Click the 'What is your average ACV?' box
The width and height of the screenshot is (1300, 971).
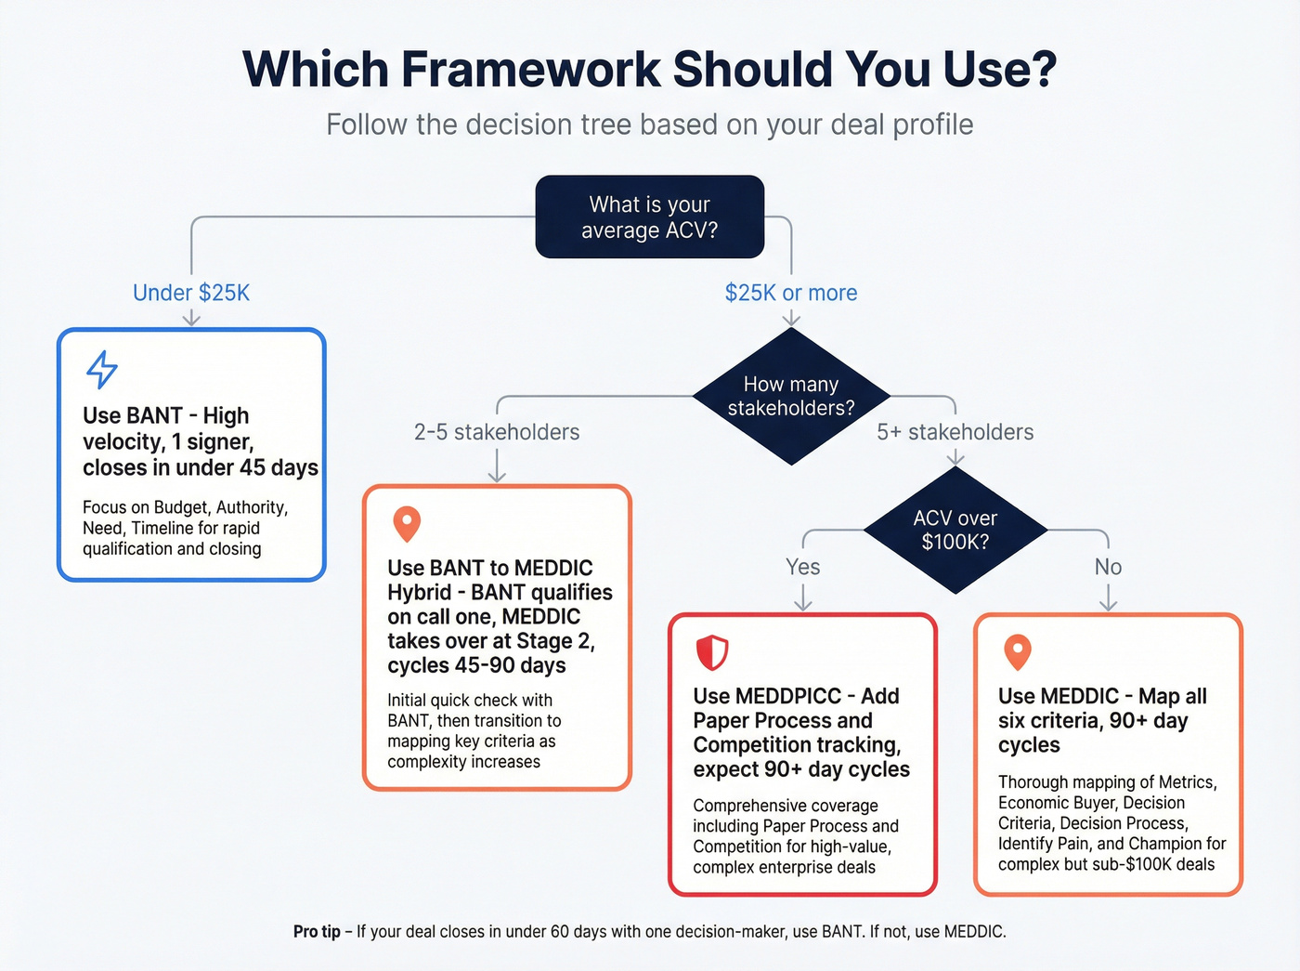click(649, 217)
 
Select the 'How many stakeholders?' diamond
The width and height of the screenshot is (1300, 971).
click(790, 397)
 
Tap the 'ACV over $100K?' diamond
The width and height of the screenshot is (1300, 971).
click(955, 530)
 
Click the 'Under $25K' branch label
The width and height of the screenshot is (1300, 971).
click(191, 293)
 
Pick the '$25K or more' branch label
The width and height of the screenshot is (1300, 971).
click(790, 293)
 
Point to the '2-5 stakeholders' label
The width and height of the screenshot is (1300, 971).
click(497, 432)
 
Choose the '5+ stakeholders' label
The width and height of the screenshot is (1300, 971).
click(955, 432)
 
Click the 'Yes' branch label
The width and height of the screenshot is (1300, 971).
click(802, 567)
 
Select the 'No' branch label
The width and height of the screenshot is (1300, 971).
click(1108, 567)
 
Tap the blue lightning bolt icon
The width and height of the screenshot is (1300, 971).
click(102, 369)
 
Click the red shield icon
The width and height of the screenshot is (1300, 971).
click(712, 652)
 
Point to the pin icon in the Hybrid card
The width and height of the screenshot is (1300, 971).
click(407, 523)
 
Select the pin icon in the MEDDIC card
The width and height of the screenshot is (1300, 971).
click(1018, 651)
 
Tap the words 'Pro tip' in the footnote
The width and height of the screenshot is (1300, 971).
click(317, 931)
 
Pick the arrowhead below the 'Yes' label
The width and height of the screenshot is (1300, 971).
click(802, 604)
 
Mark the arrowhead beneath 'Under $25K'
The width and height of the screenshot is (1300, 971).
click(191, 319)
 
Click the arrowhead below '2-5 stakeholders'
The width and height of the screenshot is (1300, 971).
click(497, 476)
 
